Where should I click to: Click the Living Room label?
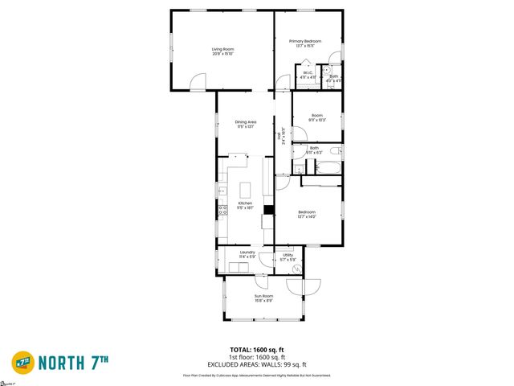click(x=222, y=50)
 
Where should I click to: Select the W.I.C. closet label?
click(x=307, y=74)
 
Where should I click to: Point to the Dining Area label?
click(x=245, y=121)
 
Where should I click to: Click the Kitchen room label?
click(x=245, y=203)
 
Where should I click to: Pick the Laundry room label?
click(x=247, y=253)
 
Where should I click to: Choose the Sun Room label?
click(x=263, y=296)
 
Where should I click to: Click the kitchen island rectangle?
click(x=247, y=189)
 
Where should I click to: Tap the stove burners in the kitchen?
click(x=222, y=211)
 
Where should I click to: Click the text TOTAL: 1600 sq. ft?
click(x=256, y=350)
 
